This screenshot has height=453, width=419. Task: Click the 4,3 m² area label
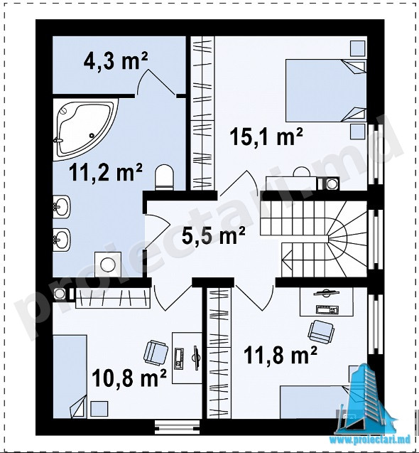tap(116, 62)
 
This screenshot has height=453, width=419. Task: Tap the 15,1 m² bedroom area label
tap(266, 137)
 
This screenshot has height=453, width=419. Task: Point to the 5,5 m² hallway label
tap(213, 236)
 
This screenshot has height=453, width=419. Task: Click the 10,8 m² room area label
tap(129, 378)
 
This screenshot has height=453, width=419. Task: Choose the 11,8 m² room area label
tap(281, 355)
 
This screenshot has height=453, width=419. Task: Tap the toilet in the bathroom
tap(165, 177)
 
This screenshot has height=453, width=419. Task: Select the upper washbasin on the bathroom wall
tap(61, 206)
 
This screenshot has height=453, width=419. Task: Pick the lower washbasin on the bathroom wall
tap(61, 239)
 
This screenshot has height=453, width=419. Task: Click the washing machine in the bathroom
tap(108, 264)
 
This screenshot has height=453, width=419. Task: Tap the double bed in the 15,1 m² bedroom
tap(325, 90)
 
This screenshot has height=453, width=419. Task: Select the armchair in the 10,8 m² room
tap(156, 353)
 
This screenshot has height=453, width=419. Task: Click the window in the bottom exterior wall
tap(177, 427)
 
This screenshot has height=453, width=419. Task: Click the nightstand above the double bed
tap(358, 48)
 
